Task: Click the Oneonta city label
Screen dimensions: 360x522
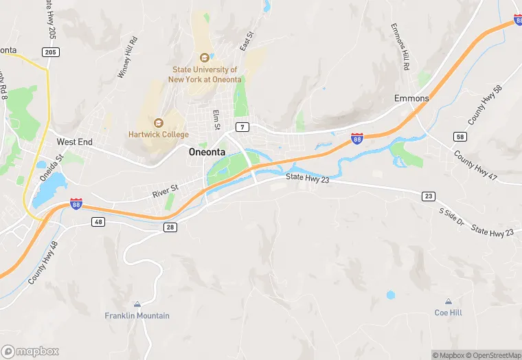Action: [210, 153]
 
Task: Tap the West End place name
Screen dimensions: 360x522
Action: [74, 142]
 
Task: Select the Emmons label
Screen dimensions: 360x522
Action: [411, 98]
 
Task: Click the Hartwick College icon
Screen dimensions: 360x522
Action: [159, 122]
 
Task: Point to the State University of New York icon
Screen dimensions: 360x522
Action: [203, 58]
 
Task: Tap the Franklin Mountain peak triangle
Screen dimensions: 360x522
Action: [137, 304]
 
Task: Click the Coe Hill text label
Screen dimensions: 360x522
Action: [449, 313]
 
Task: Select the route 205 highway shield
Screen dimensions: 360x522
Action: [50, 52]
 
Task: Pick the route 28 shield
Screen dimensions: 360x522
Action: [170, 227]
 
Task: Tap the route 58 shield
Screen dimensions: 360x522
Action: [460, 137]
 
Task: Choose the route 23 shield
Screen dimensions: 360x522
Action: [428, 196]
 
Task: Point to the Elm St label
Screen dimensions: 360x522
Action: [216, 120]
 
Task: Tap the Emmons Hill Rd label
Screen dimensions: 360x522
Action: [400, 47]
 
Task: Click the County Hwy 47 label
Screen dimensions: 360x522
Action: [475, 166]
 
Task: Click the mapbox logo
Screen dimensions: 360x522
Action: [30, 351]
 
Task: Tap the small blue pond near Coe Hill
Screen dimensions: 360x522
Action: [391, 295]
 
